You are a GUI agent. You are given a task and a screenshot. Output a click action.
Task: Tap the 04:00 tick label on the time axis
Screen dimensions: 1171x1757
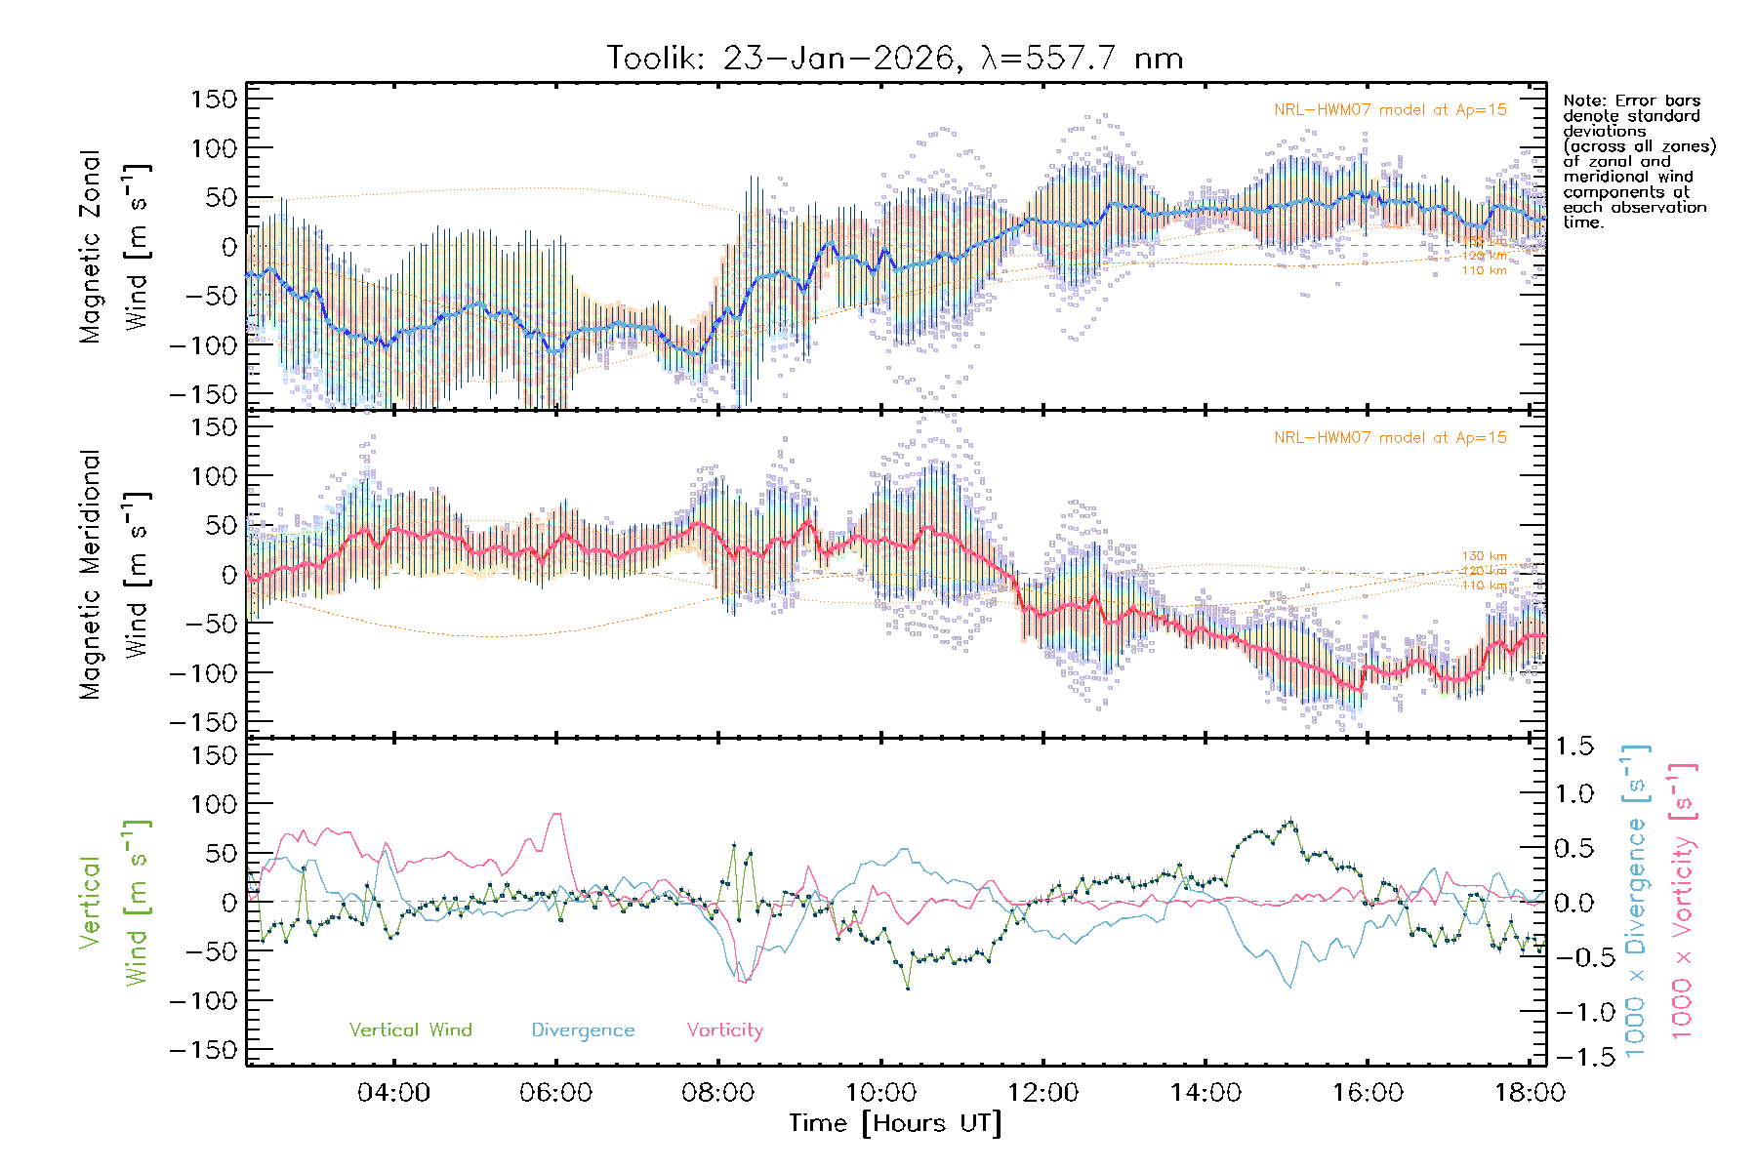tap(393, 1093)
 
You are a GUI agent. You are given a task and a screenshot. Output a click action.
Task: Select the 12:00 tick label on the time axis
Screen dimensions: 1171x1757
tap(1043, 1093)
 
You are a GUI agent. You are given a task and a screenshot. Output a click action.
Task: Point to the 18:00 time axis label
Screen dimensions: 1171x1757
tap(1530, 1093)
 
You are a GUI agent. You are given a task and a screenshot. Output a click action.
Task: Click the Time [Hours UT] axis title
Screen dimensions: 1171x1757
tap(895, 1124)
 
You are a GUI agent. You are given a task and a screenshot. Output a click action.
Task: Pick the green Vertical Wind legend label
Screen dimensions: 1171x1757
tap(410, 1030)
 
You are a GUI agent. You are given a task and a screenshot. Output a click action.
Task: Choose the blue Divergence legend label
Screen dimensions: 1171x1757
tap(583, 1030)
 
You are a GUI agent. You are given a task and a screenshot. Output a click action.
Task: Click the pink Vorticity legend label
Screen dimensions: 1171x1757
tap(724, 1030)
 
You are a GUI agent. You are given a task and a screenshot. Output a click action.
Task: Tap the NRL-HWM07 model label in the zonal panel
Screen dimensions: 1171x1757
tap(1390, 110)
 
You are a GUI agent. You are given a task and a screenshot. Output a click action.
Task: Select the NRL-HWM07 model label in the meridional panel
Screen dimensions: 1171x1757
tap(1390, 438)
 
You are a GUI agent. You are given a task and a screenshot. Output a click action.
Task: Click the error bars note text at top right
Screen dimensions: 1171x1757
tap(1638, 161)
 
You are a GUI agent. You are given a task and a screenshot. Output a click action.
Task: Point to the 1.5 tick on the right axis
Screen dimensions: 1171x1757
tap(1573, 747)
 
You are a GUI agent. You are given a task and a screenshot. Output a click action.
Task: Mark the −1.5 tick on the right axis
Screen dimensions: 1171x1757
tap(1573, 1058)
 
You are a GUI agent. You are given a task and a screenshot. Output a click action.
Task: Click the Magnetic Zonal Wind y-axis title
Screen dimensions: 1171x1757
tap(113, 247)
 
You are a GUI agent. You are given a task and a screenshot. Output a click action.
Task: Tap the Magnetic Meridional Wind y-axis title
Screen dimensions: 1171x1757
tap(113, 575)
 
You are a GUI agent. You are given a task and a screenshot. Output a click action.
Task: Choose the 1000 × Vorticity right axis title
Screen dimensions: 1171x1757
tap(1683, 901)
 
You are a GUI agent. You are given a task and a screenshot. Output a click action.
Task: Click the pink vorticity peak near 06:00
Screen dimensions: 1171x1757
tap(556, 815)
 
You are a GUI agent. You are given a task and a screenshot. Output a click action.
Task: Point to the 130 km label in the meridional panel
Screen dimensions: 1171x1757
tap(1484, 556)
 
